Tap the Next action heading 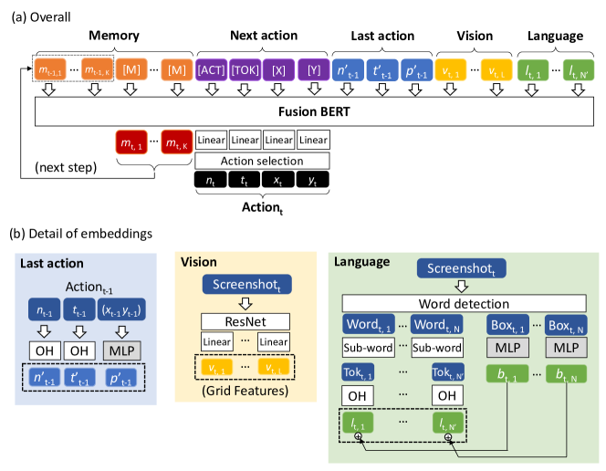(263, 36)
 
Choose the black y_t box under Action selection (313, 182)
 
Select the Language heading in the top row (556, 36)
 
